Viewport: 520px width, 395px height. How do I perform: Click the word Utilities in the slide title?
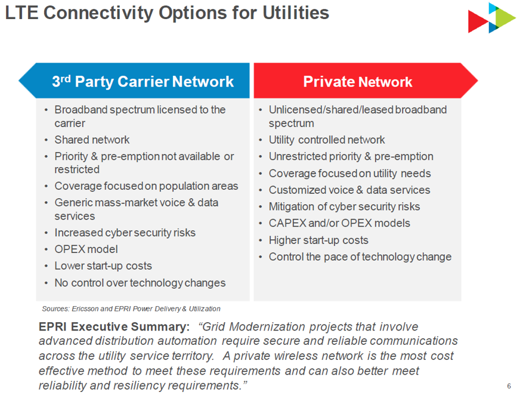coord(296,13)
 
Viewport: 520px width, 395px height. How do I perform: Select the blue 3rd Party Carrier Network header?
coord(143,81)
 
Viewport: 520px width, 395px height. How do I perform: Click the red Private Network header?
coord(357,82)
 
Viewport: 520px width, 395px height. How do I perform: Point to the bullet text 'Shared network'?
coord(92,140)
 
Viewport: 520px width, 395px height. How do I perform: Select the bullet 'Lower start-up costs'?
coord(103,266)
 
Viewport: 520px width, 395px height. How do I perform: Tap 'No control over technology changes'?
coord(140,283)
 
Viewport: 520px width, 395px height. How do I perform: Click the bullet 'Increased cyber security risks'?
coord(125,233)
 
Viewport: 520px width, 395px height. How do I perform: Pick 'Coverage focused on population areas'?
coord(146,186)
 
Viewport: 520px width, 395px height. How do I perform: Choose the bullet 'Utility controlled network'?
coord(327,140)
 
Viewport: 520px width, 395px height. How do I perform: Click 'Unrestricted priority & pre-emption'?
coord(351,156)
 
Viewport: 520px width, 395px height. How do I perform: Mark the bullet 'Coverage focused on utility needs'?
coord(349,174)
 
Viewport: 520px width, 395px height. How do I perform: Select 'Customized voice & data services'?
coord(349,190)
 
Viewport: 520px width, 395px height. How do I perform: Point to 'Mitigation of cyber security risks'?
coord(344,206)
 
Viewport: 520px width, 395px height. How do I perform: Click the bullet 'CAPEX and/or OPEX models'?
coord(339,223)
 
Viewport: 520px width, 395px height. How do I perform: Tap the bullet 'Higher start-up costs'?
coord(318,240)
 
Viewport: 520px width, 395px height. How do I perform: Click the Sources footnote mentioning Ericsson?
coord(131,308)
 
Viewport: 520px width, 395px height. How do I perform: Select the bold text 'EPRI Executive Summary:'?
coord(114,327)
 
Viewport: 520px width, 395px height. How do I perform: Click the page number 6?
coord(509,385)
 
